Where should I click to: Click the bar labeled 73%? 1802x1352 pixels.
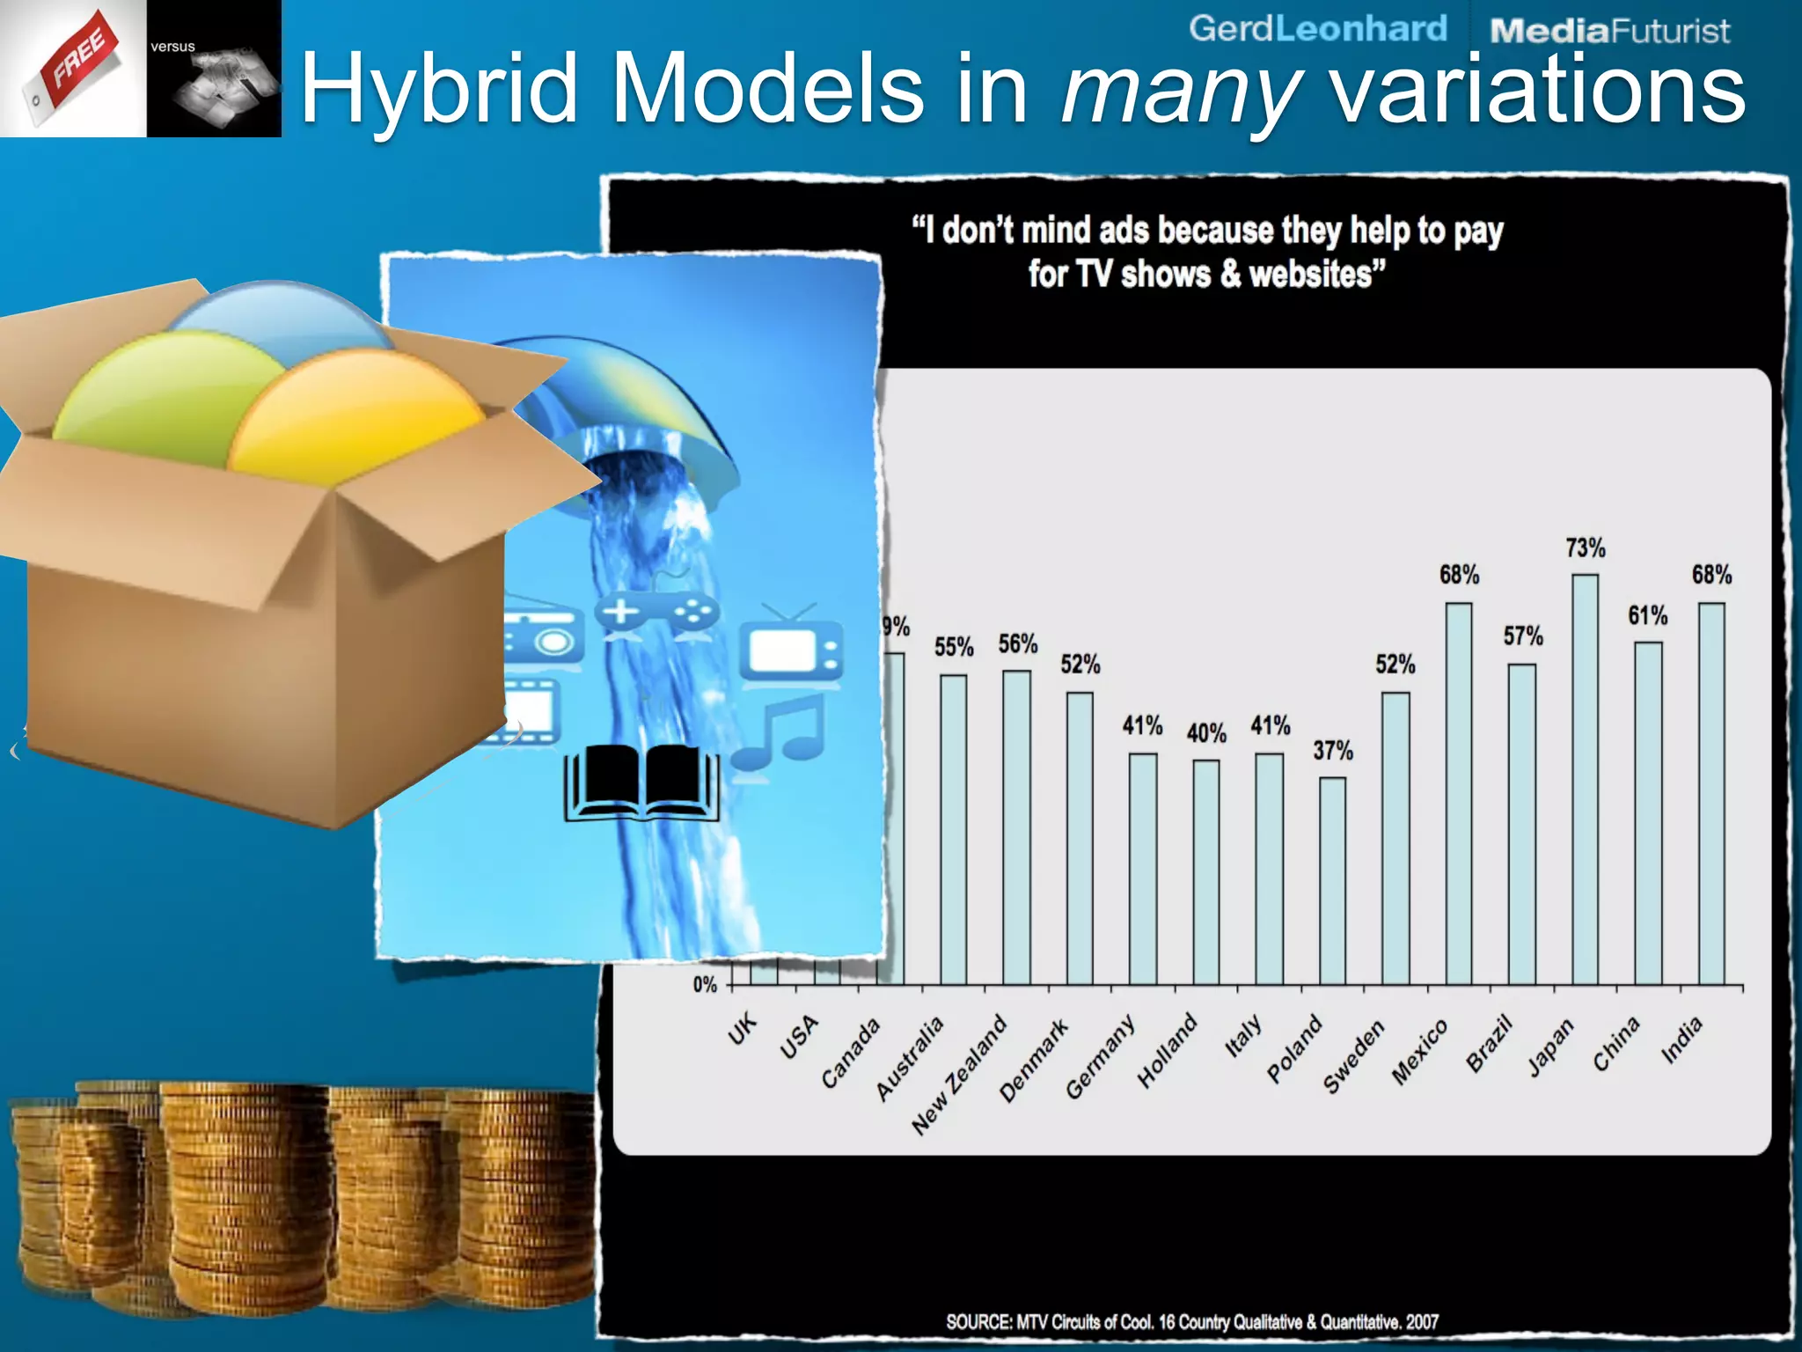click(1586, 779)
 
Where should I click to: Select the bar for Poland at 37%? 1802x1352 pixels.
click(1332, 880)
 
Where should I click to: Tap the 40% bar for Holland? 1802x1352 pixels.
click(1206, 871)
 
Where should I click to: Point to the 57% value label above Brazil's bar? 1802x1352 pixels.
click(1523, 636)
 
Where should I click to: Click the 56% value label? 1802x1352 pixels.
click(1018, 644)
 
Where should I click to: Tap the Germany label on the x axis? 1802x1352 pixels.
click(1100, 1056)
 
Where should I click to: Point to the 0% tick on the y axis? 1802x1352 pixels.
click(705, 985)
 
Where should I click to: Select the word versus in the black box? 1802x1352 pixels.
click(172, 47)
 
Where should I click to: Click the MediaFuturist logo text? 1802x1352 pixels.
click(1609, 32)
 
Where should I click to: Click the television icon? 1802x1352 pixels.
click(790, 647)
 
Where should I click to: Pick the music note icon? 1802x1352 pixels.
click(780, 731)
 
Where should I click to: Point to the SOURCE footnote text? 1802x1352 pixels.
click(1192, 1321)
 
